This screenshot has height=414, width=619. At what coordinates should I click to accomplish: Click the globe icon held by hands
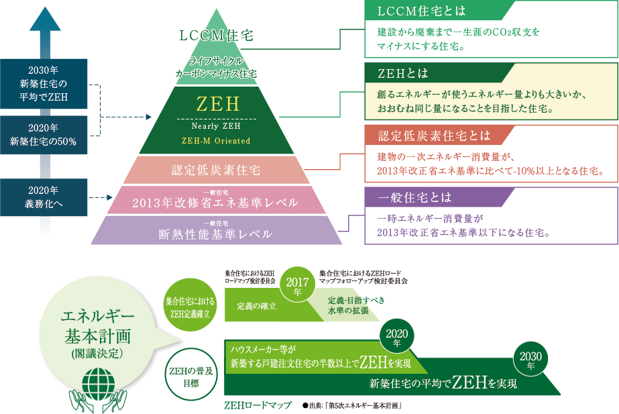point(99,384)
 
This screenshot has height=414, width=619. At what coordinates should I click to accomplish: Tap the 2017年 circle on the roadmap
point(297,284)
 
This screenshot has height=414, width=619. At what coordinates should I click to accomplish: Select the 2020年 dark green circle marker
point(397,336)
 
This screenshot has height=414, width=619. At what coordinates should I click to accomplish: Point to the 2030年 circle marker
point(530,359)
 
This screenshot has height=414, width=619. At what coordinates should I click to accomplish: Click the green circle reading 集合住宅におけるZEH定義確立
point(190,305)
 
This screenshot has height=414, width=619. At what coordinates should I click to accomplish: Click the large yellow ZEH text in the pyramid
point(218,104)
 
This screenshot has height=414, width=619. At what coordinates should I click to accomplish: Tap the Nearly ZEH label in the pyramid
point(216,126)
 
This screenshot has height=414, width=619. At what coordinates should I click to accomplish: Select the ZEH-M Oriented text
point(216,141)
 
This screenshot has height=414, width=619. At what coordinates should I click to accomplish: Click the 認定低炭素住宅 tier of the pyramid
point(217,170)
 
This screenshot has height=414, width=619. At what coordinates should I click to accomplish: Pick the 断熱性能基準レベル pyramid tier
point(217,230)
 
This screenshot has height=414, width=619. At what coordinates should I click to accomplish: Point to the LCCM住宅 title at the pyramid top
point(217,36)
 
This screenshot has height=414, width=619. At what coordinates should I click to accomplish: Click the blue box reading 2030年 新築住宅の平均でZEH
point(44,84)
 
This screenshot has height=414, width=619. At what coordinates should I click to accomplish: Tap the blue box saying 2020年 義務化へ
point(44,197)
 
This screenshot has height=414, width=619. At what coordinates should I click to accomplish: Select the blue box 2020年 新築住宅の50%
point(44,135)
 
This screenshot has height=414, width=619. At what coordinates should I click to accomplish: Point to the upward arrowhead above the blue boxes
point(45,19)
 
